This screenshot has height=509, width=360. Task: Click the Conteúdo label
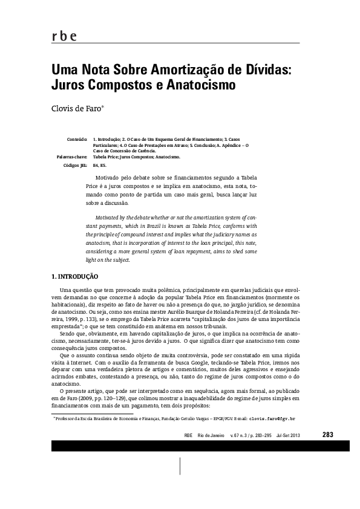[x=77, y=139]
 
